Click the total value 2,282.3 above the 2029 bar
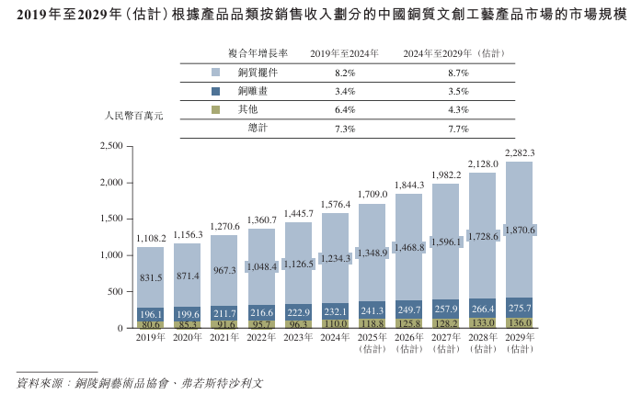tap(520, 152)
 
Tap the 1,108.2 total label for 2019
tap(151, 238)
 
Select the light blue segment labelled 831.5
tap(151, 277)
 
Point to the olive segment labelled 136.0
tap(520, 322)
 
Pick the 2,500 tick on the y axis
tap(110, 146)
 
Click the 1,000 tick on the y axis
tap(110, 255)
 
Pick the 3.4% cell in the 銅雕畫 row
tap(346, 91)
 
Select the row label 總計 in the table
tap(258, 129)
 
